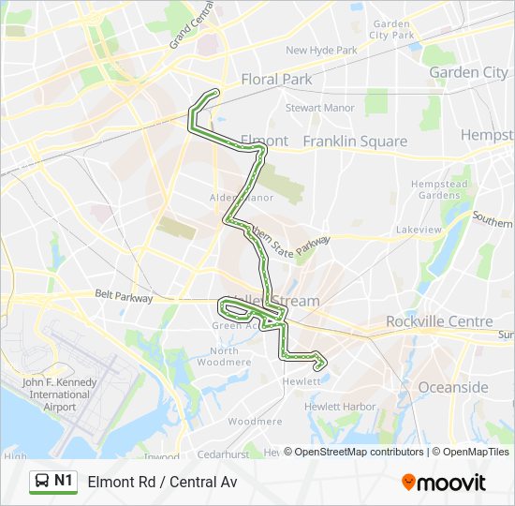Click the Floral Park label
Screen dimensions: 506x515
(x=276, y=80)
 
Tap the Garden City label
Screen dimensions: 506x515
(x=468, y=72)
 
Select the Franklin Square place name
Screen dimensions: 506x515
(x=355, y=141)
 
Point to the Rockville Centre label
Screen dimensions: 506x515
(x=439, y=321)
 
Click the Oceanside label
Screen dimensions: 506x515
(x=453, y=387)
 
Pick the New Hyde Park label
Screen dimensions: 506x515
(x=321, y=51)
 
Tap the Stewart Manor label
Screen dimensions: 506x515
(x=320, y=108)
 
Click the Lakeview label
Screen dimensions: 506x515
(x=419, y=229)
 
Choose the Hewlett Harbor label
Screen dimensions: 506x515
(x=340, y=407)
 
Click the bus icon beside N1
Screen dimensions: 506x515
(x=42, y=482)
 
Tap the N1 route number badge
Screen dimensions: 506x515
(x=64, y=481)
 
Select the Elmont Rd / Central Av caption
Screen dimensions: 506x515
(x=163, y=483)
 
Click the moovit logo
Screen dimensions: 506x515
(x=444, y=483)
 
